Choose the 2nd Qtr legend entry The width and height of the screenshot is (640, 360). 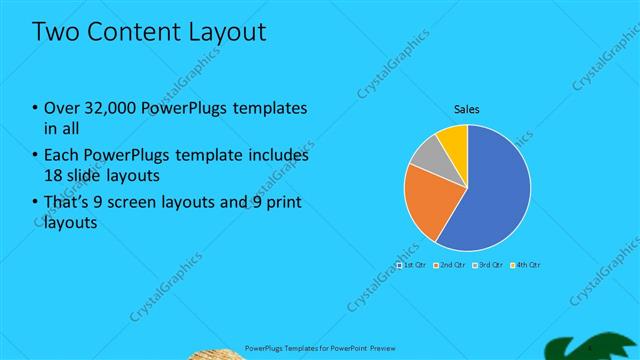pyautogui.click(x=451, y=265)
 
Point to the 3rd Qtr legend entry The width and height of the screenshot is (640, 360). pyautogui.click(x=488, y=265)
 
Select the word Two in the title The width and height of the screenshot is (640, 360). pyautogui.click(x=56, y=31)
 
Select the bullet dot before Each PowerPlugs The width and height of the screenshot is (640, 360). pyautogui.click(x=36, y=157)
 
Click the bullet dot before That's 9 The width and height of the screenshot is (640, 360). pyautogui.click(x=36, y=204)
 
